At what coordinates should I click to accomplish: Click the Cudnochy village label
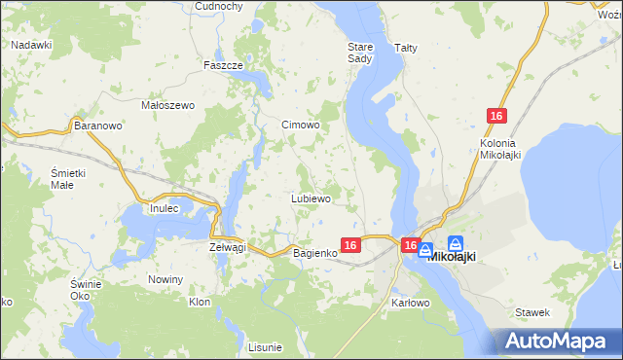pos(218,6)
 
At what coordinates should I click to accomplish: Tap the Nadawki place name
pos(31,45)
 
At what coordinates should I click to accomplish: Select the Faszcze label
pos(222,65)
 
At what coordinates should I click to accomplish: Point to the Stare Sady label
pos(360,52)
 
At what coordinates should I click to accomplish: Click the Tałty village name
pos(405,47)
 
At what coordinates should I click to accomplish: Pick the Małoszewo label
pos(169,105)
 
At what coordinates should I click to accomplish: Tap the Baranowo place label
pos(97,126)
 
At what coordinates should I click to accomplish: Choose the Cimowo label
pos(301,126)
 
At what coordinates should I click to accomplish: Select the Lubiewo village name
pos(311,198)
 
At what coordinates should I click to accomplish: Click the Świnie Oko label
pos(87,289)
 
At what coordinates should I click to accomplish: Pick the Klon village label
pos(200,302)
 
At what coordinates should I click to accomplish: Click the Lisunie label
pos(265,347)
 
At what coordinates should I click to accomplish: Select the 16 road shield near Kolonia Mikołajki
pos(496,116)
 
